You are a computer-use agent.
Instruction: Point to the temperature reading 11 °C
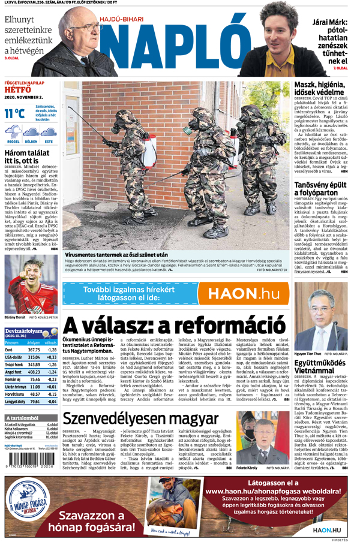coord(14,113)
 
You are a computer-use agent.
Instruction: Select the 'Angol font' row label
coord(13,372)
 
